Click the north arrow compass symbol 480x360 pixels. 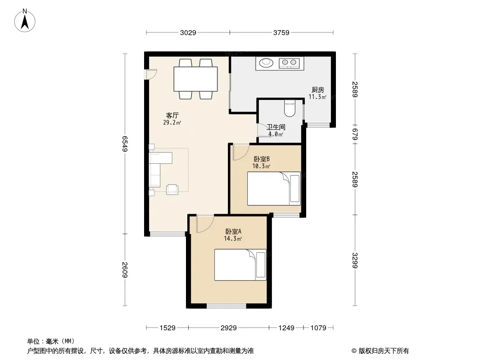pos(25,21)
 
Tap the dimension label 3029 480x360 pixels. pos(188,33)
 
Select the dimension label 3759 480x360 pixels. pos(281,33)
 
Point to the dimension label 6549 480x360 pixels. pos(125,144)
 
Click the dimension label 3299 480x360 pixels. pos(355,260)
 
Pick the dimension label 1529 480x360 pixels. pos(168,328)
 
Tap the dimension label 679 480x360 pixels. pos(355,134)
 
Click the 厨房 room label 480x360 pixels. pos(318,90)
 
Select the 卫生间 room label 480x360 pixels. pos(276,127)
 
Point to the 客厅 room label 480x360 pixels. pos(172,115)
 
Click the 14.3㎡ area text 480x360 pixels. pos(233,238)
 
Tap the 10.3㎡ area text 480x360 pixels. pos(261,166)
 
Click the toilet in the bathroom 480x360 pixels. pos(290,108)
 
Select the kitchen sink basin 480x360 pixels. pos(266,63)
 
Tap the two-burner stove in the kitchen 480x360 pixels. pos(289,63)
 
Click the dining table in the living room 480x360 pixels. pos(195,79)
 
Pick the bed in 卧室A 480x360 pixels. pos(240,265)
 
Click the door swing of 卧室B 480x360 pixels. pos(241,152)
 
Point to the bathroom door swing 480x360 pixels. pos(262,130)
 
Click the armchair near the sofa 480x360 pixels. pos(172,189)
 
